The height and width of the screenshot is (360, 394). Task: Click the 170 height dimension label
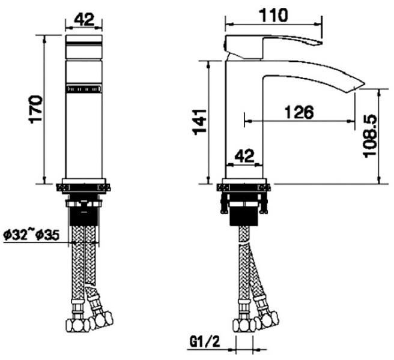coord(36,109)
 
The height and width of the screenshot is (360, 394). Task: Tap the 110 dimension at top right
coord(273,15)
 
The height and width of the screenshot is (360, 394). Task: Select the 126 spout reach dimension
coord(299,112)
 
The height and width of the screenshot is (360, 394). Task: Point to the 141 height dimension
coord(199,122)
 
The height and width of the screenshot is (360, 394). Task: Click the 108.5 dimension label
coord(371,136)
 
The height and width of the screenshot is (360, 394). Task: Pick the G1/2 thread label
coord(205,341)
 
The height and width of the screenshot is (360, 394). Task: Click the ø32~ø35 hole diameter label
coord(31,235)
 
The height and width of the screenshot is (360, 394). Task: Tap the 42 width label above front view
coord(84,19)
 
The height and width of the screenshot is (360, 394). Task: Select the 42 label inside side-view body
coord(244,156)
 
